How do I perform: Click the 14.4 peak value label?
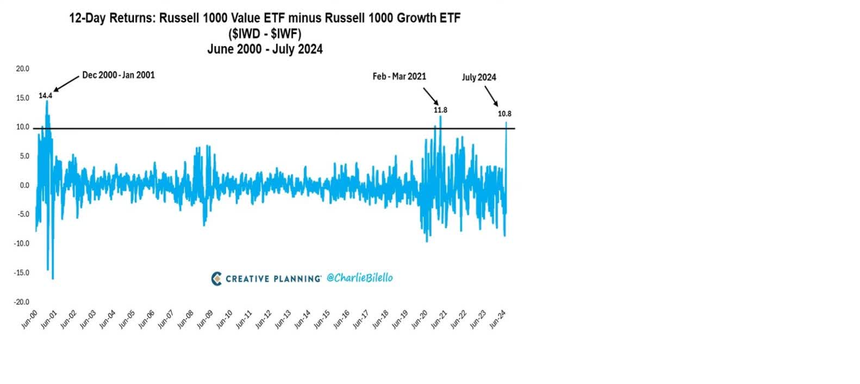tap(45, 96)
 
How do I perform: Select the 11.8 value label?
tap(440, 110)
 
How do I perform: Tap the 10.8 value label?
tap(504, 114)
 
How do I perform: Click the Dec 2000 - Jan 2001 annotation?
tap(118, 75)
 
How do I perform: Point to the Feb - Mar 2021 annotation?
tap(399, 77)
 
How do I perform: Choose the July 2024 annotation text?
tap(479, 77)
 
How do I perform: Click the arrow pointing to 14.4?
tap(66, 84)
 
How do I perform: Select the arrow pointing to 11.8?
tap(431, 96)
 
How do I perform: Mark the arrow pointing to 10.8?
tap(491, 97)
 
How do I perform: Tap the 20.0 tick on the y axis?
tap(22, 68)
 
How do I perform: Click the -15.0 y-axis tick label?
tap(21, 273)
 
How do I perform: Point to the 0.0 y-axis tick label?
tap(24, 185)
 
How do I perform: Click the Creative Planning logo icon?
tap(216, 278)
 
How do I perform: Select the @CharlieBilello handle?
tap(359, 278)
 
